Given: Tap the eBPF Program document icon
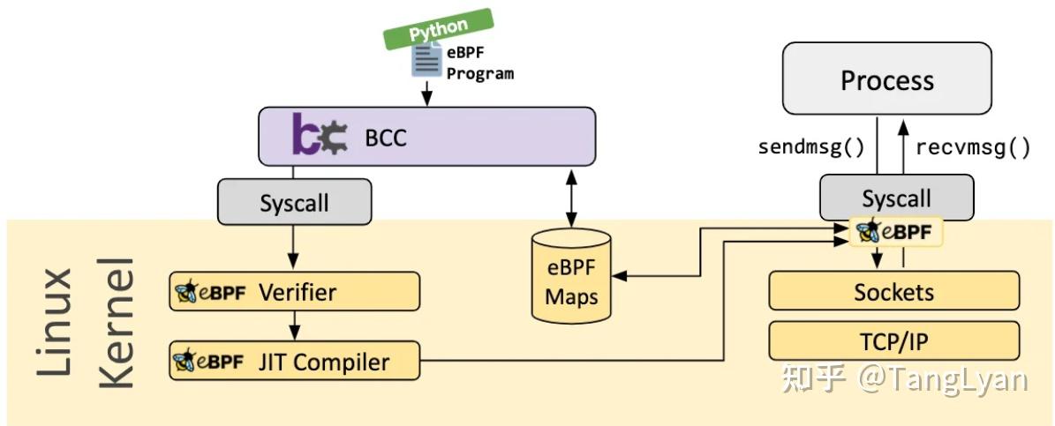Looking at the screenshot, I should (x=427, y=62).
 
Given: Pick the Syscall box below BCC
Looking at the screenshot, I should (x=294, y=203).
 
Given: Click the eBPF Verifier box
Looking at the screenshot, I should (x=294, y=292).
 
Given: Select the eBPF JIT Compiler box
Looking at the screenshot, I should (x=294, y=362).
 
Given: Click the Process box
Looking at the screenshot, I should (x=887, y=81).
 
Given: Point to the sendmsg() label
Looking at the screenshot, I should (x=811, y=146).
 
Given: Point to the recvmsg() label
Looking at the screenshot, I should (x=973, y=146).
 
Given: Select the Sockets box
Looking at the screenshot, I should (x=893, y=291).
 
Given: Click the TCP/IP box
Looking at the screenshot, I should (x=893, y=340).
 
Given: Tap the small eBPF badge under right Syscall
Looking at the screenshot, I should (x=897, y=232).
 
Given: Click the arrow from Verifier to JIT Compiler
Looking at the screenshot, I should (x=294, y=326).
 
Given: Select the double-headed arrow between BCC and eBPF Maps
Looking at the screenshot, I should (x=572, y=199).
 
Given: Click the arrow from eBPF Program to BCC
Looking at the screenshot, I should (x=427, y=93).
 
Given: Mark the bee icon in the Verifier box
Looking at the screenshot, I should (x=186, y=292).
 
